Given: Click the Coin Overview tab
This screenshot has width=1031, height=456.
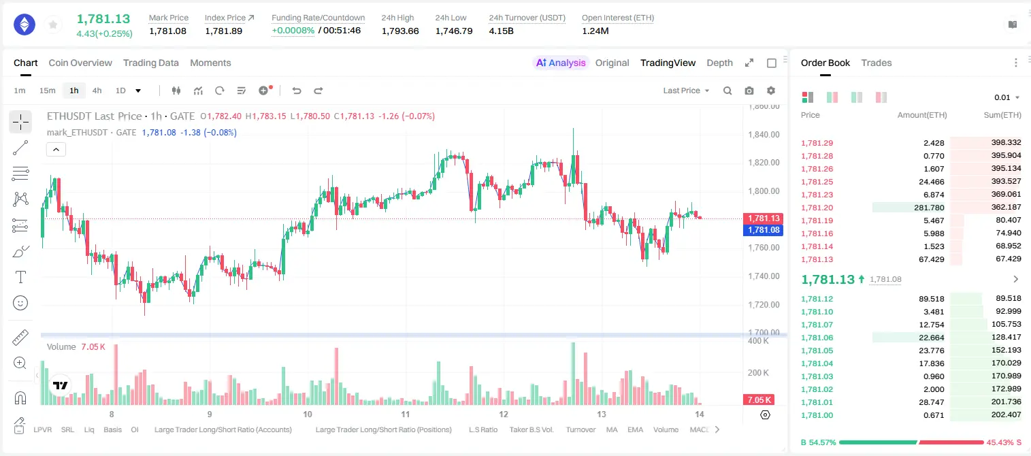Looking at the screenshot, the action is coord(80,63).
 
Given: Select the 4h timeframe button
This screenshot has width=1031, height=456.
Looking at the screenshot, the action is coord(97,91).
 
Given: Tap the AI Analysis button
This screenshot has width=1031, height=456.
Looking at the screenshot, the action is coord(561,63).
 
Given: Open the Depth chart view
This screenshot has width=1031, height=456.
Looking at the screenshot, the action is coord(719,63).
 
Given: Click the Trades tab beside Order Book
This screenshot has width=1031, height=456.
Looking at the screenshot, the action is coord(877,63).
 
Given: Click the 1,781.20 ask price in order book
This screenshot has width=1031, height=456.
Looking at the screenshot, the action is coord(817,208).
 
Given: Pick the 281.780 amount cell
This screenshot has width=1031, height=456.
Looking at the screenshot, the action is coord(929,208).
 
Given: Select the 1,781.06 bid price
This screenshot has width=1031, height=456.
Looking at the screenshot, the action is coord(817,338).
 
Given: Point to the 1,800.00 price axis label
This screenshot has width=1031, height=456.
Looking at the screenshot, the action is coord(764,191).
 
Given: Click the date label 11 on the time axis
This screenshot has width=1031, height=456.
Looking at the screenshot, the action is coord(406,414).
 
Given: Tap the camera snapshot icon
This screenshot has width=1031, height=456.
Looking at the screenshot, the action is coord(749,91).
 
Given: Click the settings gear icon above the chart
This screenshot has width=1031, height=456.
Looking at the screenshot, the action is coord(771,91).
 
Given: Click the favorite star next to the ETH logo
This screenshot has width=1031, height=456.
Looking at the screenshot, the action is coord(53,25).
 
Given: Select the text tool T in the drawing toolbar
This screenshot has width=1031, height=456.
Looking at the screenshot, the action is coord(20,277).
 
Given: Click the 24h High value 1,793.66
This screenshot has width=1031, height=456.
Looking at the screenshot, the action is coord(400,31).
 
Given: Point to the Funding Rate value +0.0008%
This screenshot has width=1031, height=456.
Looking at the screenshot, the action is coord(293,31).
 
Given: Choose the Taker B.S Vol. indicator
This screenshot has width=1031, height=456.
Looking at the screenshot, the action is coord(531,429).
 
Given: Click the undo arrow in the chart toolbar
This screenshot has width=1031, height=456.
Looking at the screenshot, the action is coord(297,91).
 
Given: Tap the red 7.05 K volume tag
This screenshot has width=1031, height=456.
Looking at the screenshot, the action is coord(759,400).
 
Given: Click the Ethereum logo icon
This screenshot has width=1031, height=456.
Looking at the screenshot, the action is coord(24,25).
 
